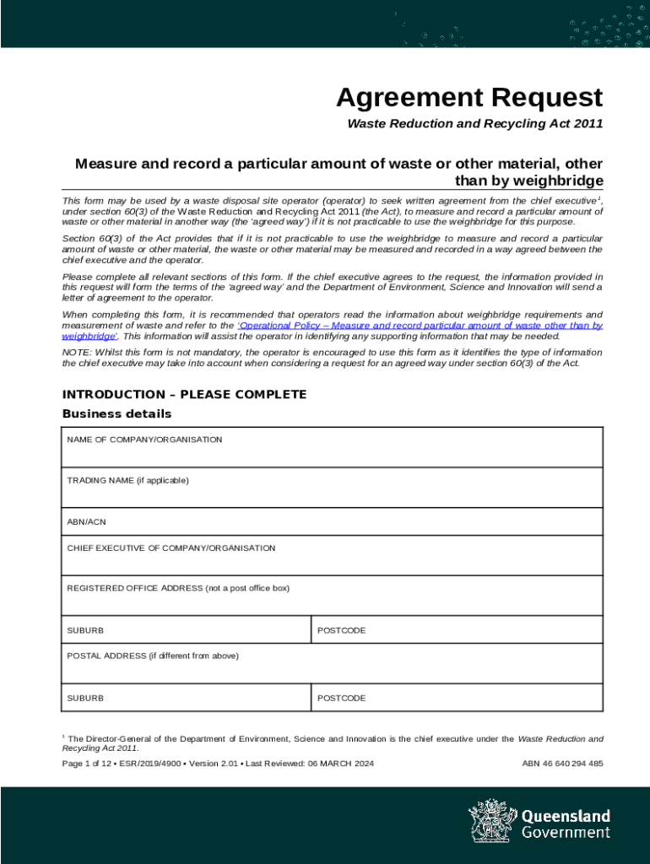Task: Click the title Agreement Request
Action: [x=469, y=98]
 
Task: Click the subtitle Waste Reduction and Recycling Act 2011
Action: [x=476, y=125]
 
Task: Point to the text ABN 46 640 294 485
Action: [x=562, y=764]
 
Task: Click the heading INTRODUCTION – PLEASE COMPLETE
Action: [x=184, y=395]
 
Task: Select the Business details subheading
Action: [x=116, y=413]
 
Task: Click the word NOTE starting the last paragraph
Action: [x=76, y=353]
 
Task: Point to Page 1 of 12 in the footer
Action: [x=89, y=764]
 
